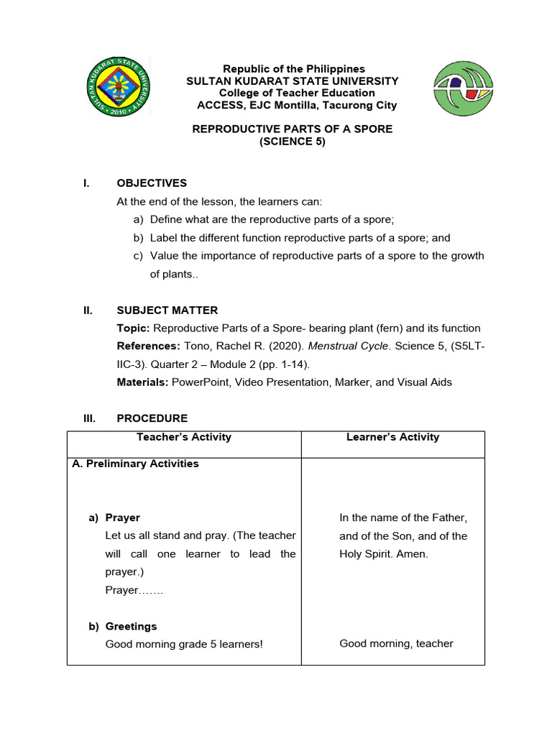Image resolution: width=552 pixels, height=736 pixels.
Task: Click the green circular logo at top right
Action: (x=464, y=88)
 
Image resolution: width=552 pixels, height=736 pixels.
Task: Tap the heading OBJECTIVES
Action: (x=152, y=183)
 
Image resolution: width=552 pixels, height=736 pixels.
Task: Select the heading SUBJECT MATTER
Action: (x=167, y=310)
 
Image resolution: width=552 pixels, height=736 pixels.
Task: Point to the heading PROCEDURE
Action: (x=152, y=418)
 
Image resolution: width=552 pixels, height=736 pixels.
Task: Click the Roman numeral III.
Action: (x=87, y=418)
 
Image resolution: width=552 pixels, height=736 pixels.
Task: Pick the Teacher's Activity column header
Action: (x=184, y=437)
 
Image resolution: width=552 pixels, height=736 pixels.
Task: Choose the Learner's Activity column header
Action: (x=392, y=437)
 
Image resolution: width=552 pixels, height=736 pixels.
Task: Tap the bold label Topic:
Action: (x=134, y=328)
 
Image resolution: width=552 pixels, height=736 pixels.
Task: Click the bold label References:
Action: (x=148, y=346)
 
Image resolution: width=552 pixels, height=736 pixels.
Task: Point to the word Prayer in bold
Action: (x=123, y=517)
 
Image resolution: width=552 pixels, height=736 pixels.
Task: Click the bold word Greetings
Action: (x=131, y=626)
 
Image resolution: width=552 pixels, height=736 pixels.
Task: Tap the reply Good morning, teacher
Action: (x=396, y=643)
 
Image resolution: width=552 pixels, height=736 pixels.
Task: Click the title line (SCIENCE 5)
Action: (x=293, y=142)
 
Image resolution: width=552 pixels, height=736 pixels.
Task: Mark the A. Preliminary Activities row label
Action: (x=136, y=464)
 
